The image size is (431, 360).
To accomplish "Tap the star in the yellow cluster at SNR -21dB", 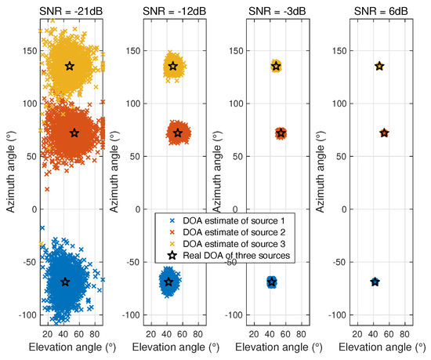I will (x=69, y=67).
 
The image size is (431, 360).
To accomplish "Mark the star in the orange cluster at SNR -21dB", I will (x=74, y=133).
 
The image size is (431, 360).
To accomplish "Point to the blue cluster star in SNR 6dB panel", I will (x=375, y=282).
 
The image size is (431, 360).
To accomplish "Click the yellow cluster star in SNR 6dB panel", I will (x=379, y=67).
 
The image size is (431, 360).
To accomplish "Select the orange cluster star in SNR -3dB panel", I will (x=281, y=133).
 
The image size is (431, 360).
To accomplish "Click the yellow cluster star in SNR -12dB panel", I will (x=173, y=67).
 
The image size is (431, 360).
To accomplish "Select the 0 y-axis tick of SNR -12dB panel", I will (x=136, y=209).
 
